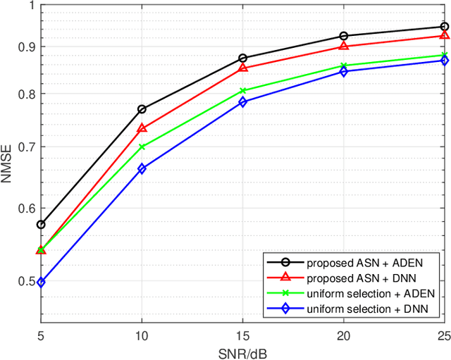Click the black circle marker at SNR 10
(x=142, y=109)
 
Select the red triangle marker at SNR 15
(x=242, y=68)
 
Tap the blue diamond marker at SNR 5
(x=41, y=283)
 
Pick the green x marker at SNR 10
(x=142, y=147)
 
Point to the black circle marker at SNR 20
(x=343, y=36)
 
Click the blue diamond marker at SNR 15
(x=242, y=102)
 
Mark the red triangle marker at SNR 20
(x=343, y=46)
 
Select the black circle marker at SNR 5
(x=41, y=225)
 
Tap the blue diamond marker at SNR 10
(x=142, y=169)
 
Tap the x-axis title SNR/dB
(x=242, y=352)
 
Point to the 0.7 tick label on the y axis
(x=24, y=147)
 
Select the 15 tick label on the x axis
(x=242, y=337)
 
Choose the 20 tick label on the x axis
(x=343, y=337)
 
